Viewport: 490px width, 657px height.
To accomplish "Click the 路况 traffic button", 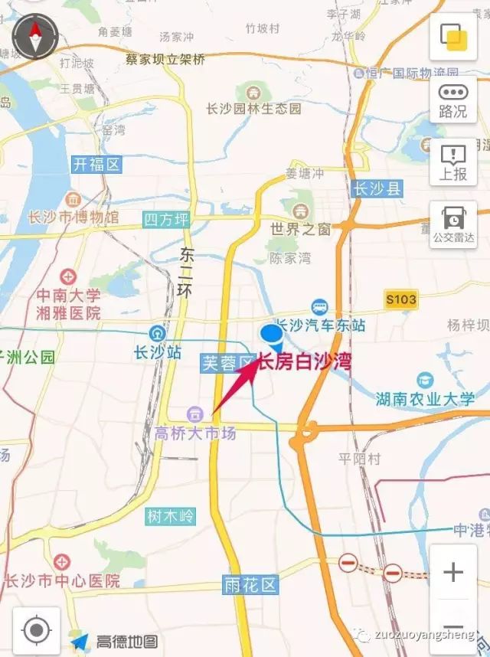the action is coord(453,101).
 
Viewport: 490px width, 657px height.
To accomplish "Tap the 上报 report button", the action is coord(453,163).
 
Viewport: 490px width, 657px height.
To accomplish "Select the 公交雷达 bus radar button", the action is coord(453,225).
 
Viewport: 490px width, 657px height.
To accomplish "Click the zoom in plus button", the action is coord(453,572).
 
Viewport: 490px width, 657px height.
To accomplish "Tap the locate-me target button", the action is coord(36,630).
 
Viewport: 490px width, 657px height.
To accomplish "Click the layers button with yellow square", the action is coord(453,36).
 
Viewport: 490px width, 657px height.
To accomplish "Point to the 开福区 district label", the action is coord(96,164).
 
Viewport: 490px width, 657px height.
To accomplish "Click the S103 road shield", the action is coord(401,299).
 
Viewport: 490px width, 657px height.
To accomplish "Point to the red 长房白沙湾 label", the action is coord(305,361).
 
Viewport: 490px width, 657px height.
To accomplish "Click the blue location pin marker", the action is coord(272,335).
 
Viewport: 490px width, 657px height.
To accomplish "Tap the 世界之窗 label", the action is coord(300,229).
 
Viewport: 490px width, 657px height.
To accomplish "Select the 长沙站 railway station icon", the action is coord(158,334).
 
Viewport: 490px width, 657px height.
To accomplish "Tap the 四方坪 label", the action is coord(166,220).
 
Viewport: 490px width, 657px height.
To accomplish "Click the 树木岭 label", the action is coord(171,516).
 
